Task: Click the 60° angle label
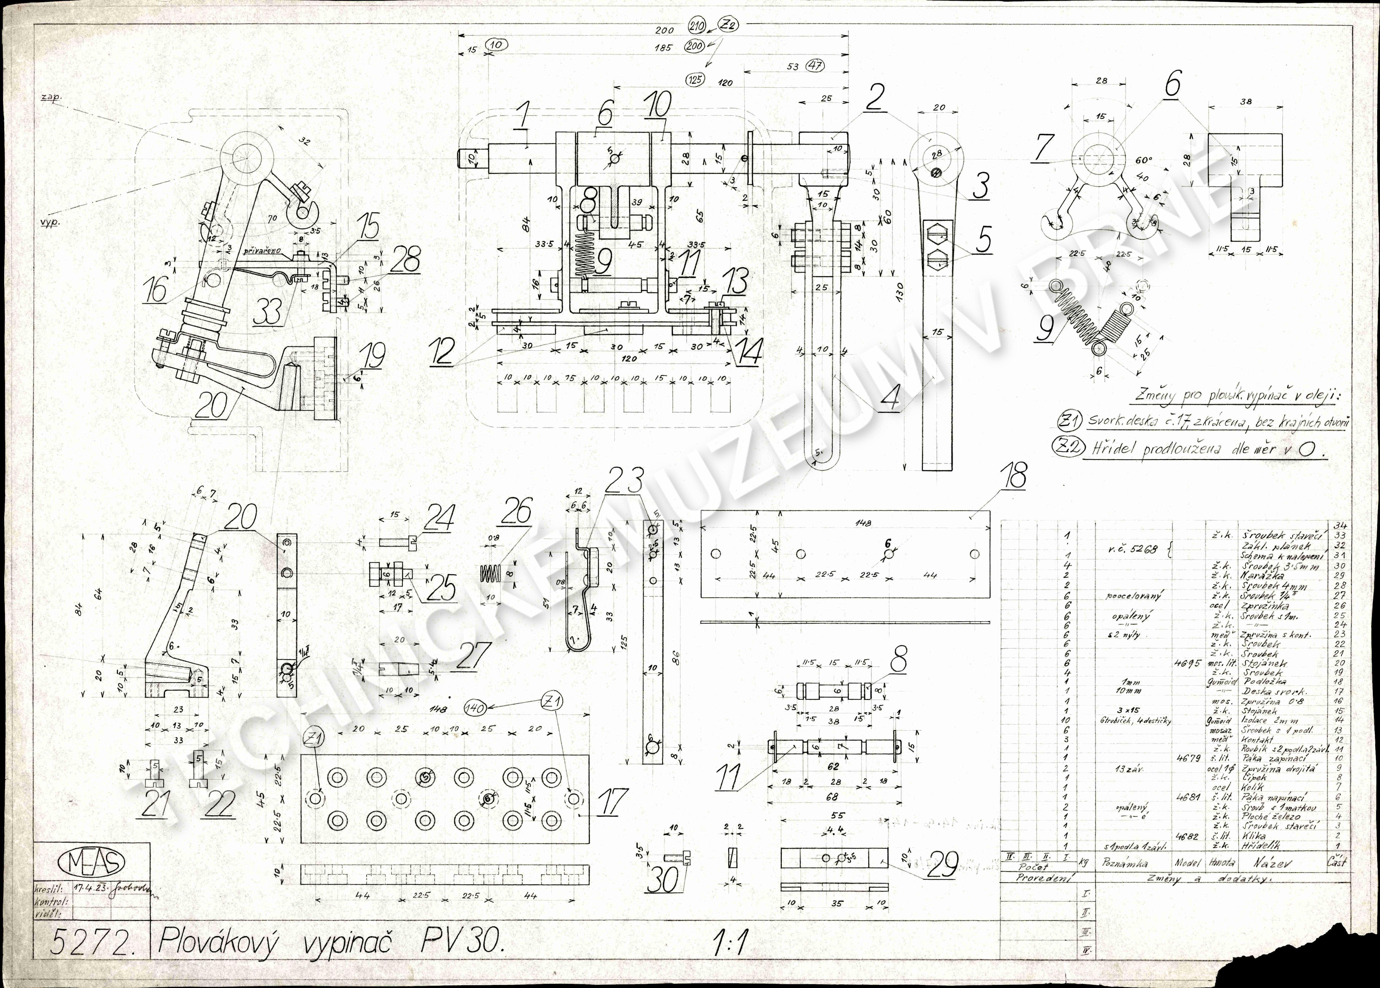tap(1143, 161)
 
